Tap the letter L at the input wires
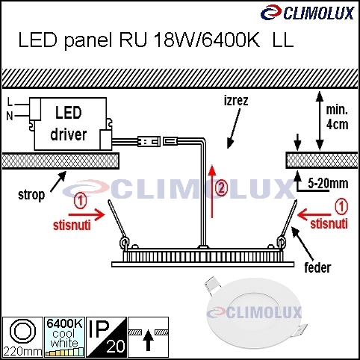(x=10, y=102)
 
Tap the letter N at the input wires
(x=10, y=116)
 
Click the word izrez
(x=236, y=101)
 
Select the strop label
(x=31, y=195)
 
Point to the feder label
(x=317, y=267)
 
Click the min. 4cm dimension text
(x=337, y=117)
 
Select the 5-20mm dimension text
(x=328, y=184)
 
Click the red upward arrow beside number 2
(x=212, y=191)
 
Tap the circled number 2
(x=222, y=188)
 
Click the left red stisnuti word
(x=72, y=226)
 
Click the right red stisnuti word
(x=329, y=223)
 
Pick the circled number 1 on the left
(x=81, y=202)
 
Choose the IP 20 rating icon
(x=106, y=337)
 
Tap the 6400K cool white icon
(x=64, y=337)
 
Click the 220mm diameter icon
(x=22, y=337)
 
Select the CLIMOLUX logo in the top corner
(x=307, y=13)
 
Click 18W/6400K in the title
(x=207, y=40)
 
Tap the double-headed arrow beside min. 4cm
(x=320, y=121)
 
